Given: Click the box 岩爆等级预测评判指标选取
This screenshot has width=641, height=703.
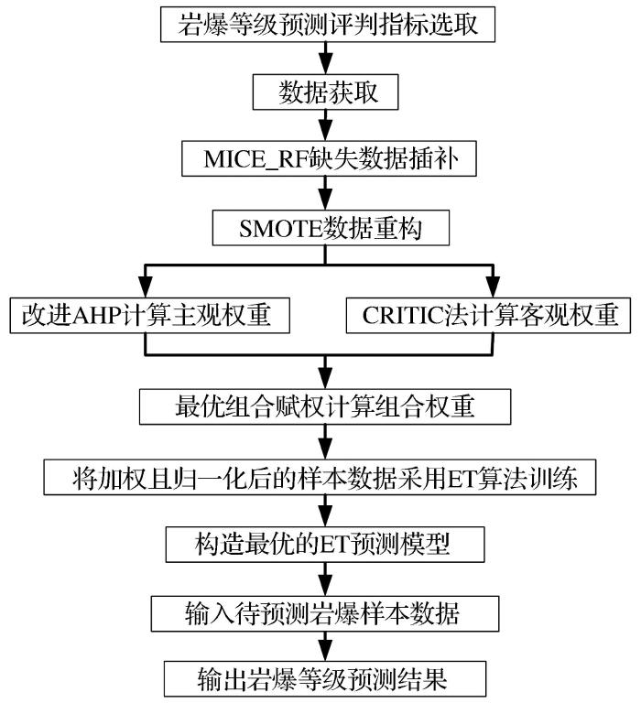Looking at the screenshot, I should (x=327, y=24).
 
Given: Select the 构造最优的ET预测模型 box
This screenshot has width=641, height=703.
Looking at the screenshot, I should (x=325, y=544).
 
